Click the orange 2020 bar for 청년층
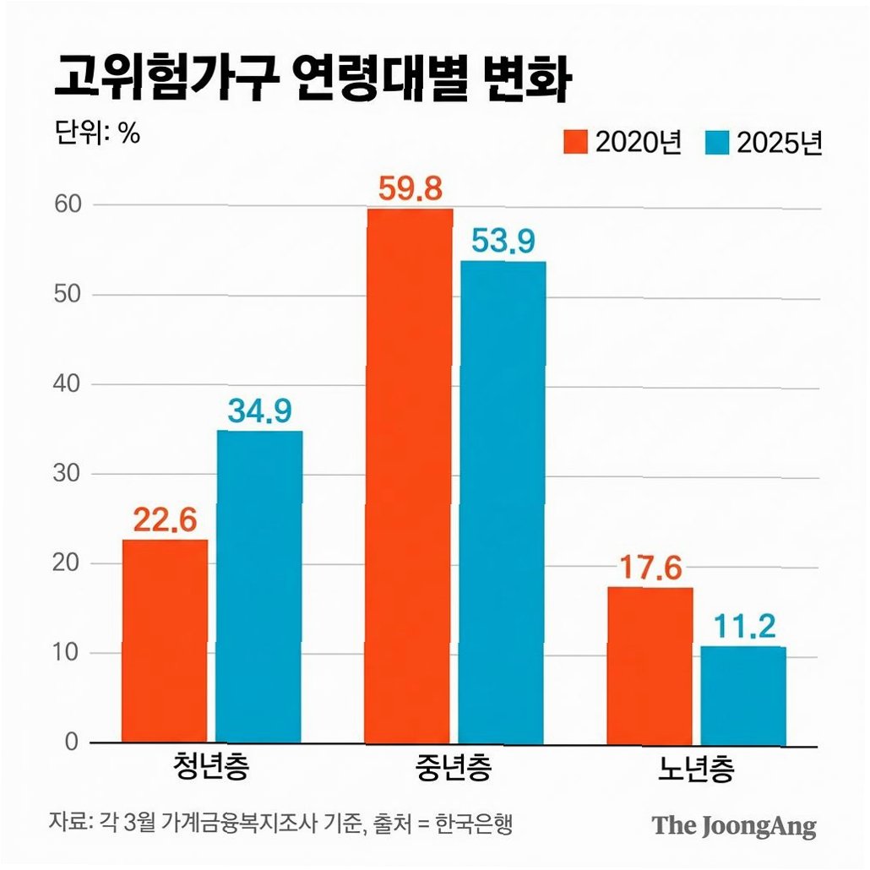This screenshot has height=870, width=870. tap(165, 641)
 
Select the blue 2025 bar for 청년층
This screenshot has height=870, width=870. tap(259, 587)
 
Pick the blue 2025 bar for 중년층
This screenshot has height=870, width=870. tap(503, 503)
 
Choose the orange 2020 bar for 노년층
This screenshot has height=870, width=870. tap(650, 666)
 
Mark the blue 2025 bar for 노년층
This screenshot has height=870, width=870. tap(743, 696)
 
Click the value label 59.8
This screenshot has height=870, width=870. tap(411, 188)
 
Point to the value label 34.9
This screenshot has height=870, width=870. tap(259, 411)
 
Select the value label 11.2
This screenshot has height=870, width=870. tap(745, 627)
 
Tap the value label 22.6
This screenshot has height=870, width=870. tap(166, 520)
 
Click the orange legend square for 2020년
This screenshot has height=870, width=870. tap(575, 142)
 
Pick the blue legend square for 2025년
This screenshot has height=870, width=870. tap(717, 142)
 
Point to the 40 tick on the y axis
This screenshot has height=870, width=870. tap(67, 384)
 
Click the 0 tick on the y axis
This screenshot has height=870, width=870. tap(72, 742)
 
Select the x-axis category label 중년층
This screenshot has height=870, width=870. tap(454, 768)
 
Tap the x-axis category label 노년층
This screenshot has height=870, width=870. tap(696, 769)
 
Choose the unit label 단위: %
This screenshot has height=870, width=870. tap(98, 133)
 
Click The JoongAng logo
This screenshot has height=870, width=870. tap(734, 826)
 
